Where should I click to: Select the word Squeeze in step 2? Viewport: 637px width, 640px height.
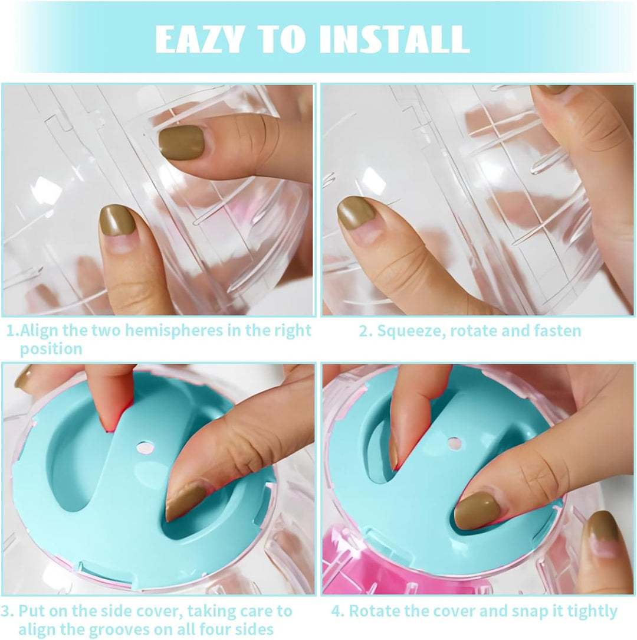point(411,331)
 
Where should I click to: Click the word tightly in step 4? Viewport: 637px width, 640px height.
point(586,611)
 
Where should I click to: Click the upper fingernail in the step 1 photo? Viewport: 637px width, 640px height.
point(182,142)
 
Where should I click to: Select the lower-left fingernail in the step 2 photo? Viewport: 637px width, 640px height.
point(356,213)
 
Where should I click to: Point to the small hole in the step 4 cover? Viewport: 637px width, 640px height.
point(454,443)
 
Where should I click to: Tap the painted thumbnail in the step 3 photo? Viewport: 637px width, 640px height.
point(184,502)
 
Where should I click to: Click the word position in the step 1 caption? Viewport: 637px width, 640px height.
point(51,349)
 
